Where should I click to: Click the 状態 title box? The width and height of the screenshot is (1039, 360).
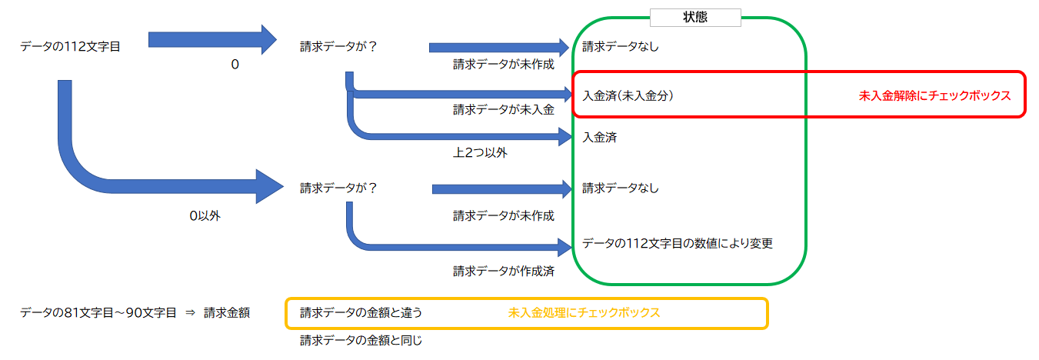click(x=694, y=18)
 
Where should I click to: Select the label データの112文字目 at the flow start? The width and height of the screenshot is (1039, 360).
click(x=70, y=46)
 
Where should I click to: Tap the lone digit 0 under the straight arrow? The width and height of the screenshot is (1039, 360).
click(x=235, y=65)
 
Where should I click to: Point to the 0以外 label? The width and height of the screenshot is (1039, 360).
click(x=205, y=216)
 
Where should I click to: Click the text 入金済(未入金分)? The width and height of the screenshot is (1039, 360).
click(x=628, y=96)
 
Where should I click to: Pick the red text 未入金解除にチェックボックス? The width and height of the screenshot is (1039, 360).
click(x=934, y=96)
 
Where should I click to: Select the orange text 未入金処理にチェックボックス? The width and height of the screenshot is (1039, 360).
click(x=584, y=313)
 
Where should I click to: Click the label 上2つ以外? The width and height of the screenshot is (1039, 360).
click(x=480, y=152)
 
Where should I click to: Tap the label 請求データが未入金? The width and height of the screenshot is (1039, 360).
click(x=503, y=109)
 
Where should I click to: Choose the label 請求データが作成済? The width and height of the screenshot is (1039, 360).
click(x=503, y=271)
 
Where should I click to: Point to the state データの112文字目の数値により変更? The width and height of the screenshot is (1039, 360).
click(x=677, y=243)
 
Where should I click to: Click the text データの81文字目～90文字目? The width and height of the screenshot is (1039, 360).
click(x=98, y=313)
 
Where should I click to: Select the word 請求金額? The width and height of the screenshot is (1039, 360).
click(x=227, y=313)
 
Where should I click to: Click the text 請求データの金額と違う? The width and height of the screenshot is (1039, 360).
click(x=361, y=313)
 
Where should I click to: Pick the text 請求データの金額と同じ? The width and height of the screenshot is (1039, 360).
click(x=361, y=339)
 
